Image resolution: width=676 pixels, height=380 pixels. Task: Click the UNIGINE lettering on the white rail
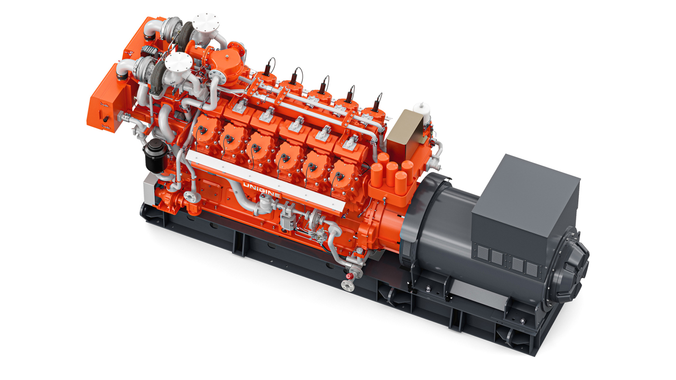tap(261, 190)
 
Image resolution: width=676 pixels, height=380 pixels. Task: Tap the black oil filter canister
tap(156, 156)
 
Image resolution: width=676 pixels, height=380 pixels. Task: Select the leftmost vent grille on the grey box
tap(483, 253)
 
